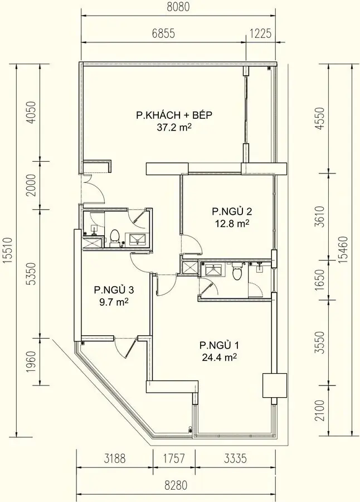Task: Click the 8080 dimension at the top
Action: tap(178, 8)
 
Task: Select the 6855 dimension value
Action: tap(163, 33)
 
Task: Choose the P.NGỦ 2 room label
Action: tap(232, 211)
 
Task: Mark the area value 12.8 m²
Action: tap(232, 224)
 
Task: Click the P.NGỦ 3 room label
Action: tap(114, 290)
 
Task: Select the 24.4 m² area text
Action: tap(218, 357)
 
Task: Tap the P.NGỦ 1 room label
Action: tap(218, 344)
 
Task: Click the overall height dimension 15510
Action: tap(8, 251)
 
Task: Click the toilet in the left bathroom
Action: tap(115, 236)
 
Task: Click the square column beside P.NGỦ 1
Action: tap(274, 385)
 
